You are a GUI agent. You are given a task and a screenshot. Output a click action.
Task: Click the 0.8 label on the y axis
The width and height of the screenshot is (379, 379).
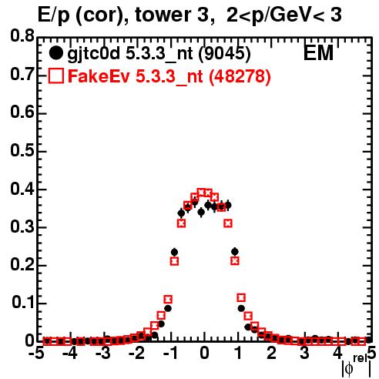(22, 36)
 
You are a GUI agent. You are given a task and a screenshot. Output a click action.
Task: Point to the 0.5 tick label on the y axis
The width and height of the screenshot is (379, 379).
(22, 150)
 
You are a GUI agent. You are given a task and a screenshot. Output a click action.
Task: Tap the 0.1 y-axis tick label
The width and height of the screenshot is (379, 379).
(23, 303)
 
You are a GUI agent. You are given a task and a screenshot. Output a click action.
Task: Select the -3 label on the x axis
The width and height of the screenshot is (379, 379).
(103, 354)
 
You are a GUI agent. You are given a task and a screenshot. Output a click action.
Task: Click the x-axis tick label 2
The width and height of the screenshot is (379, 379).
(271, 354)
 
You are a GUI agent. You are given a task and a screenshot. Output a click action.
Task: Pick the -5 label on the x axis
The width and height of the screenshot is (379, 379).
(36, 354)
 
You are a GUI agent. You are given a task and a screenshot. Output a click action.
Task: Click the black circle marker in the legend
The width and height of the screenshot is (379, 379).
(55, 53)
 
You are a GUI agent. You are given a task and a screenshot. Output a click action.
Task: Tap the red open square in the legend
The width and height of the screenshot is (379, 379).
(55, 75)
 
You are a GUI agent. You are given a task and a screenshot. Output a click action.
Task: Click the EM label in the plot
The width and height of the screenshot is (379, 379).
(318, 53)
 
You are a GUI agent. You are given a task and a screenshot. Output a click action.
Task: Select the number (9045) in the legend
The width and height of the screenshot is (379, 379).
(225, 54)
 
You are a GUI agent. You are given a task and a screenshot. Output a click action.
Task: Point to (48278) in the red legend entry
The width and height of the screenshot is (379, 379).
(240, 77)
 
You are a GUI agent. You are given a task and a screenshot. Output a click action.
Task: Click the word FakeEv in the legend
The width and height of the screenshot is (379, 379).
(99, 76)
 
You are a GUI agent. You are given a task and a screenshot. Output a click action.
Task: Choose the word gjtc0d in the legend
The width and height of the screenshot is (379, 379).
(93, 55)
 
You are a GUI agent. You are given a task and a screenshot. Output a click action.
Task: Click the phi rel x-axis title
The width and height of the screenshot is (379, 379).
(357, 366)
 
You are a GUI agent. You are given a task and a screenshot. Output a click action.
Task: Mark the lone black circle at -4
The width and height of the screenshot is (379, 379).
(74, 341)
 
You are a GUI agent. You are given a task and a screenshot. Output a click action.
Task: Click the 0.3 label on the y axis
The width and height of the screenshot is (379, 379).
(22, 226)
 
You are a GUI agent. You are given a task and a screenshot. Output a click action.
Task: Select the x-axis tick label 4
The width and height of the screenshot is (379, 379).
(337, 354)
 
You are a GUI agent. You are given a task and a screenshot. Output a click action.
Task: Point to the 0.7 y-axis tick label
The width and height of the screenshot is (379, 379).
(22, 74)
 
